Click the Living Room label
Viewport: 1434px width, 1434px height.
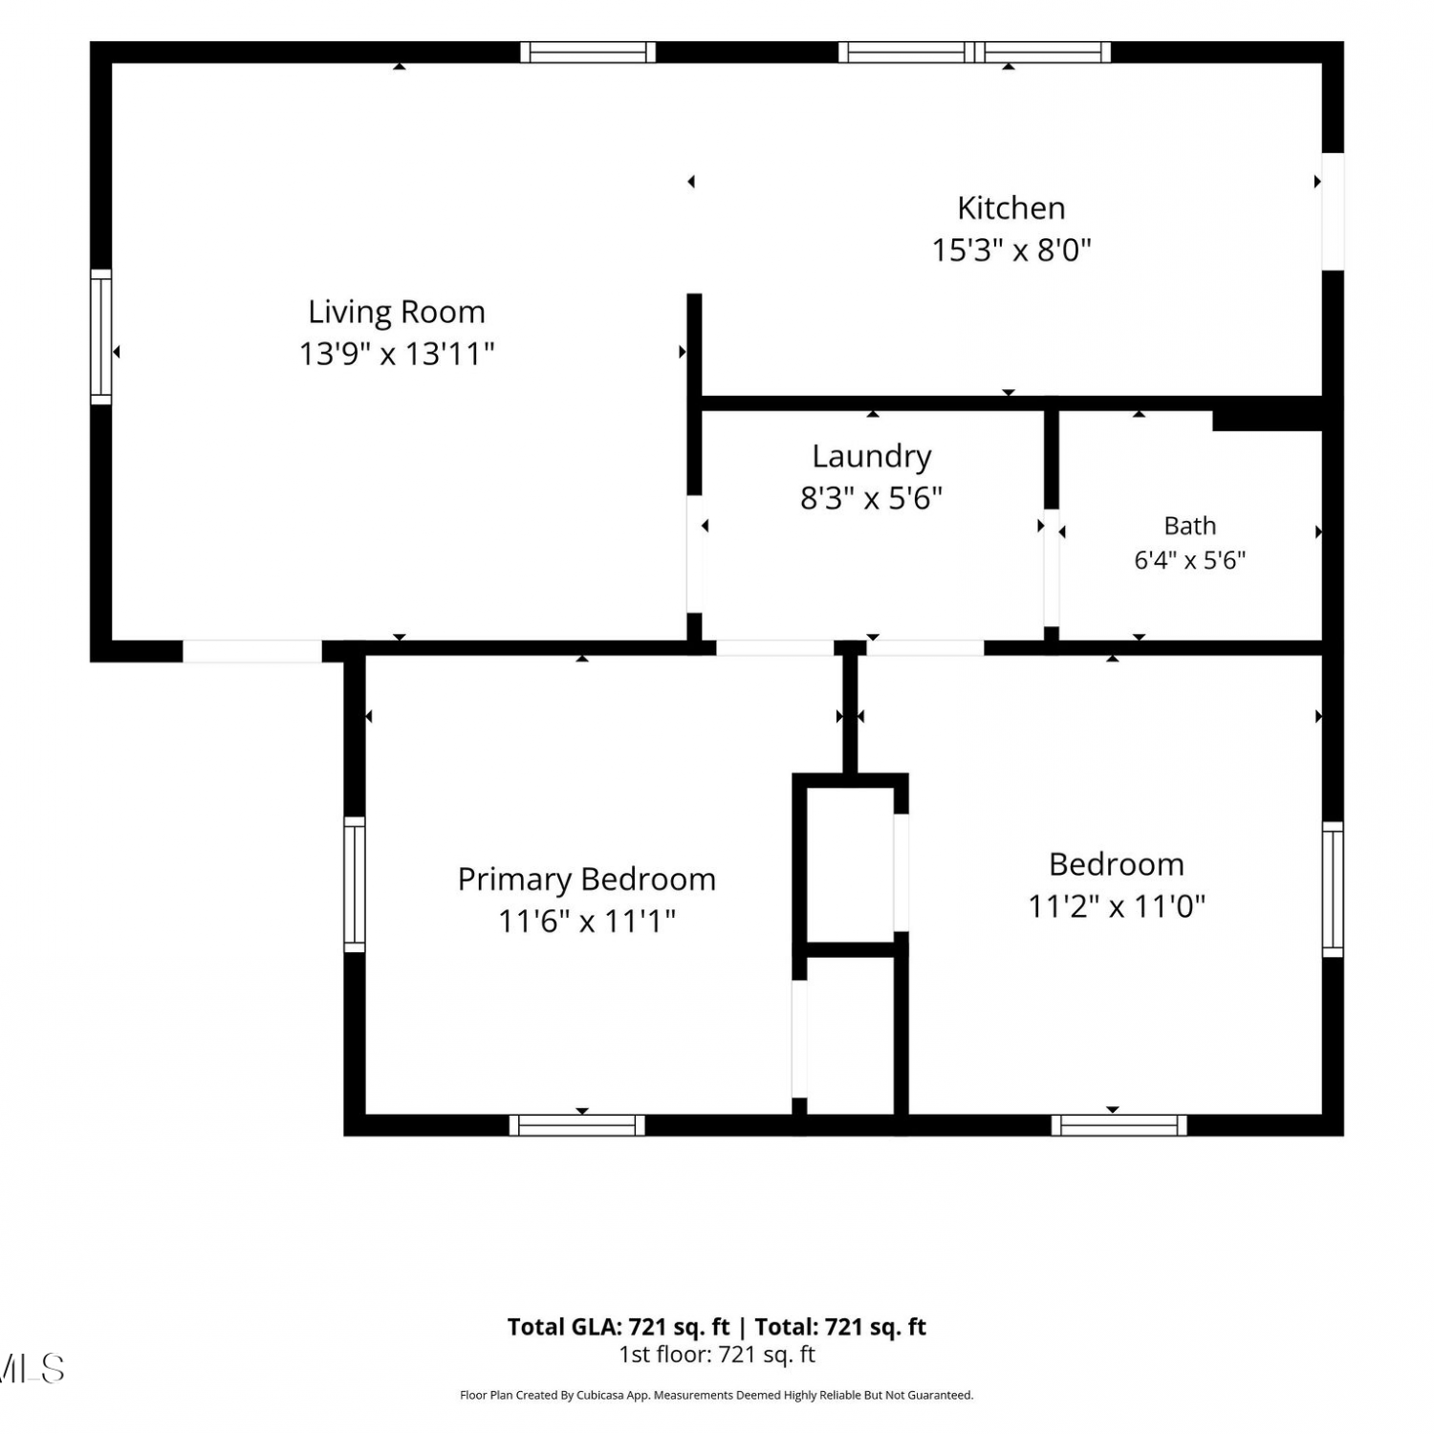coord(397,313)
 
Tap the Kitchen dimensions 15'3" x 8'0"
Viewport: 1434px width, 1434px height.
coord(1011,250)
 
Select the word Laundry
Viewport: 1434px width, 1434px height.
coord(872,457)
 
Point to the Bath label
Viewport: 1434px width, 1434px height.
coord(1190,526)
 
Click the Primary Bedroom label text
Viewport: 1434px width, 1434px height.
coord(587,880)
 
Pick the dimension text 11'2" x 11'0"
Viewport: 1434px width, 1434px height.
coord(1117,906)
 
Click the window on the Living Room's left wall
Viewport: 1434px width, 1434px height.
coord(100,337)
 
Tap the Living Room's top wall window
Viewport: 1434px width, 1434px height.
coord(588,52)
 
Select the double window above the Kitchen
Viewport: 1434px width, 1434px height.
coord(975,52)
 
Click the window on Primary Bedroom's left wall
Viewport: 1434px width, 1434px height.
coord(355,884)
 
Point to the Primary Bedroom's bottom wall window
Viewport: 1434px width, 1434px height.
coord(577,1125)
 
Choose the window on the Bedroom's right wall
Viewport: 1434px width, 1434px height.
coord(1333,889)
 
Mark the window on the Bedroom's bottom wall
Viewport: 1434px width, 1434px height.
coord(1119,1125)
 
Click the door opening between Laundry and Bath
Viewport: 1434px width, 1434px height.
coord(1052,568)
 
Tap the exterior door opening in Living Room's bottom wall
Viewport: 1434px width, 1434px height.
coord(252,651)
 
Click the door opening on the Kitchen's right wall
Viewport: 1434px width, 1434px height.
coord(1333,211)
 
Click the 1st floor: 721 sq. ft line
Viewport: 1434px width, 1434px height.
coord(717,1355)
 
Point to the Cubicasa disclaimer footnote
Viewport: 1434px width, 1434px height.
coord(717,1396)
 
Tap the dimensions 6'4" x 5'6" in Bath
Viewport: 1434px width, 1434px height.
coord(1190,560)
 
